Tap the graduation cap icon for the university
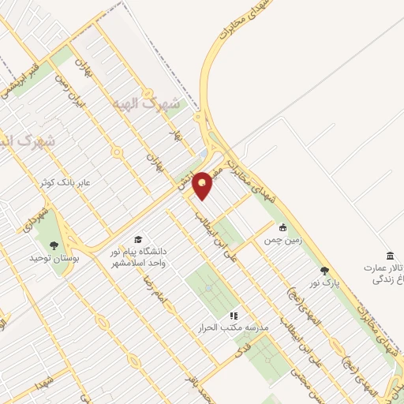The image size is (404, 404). (x=139, y=240)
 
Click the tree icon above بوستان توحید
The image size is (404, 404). (x=53, y=245)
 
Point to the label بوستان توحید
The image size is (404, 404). (x=51, y=258)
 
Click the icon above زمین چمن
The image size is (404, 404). (x=282, y=227)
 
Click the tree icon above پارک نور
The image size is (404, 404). (x=324, y=271)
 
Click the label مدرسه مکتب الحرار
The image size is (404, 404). (x=235, y=327)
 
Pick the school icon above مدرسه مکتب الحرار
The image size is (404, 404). (x=234, y=316)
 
